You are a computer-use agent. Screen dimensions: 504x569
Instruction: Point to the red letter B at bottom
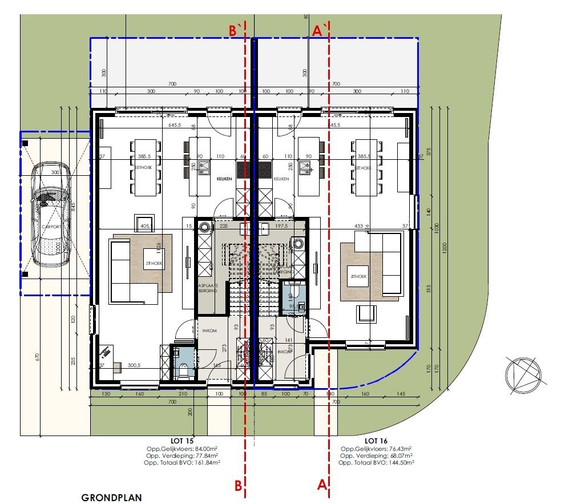(238, 486)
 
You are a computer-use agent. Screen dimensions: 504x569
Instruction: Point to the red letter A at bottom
(321, 485)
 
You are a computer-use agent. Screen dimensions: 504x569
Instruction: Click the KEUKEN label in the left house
(224, 179)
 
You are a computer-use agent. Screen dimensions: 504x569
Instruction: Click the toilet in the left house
(183, 372)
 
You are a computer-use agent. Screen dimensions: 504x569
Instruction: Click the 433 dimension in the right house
(359, 225)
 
